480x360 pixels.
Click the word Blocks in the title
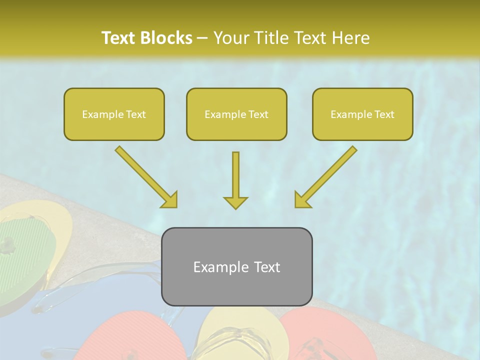click(x=166, y=38)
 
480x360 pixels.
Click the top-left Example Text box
click(x=114, y=114)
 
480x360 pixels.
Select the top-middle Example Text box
click(x=236, y=114)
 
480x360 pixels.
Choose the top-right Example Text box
click(x=362, y=114)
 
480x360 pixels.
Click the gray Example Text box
click(x=236, y=267)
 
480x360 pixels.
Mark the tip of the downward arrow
click(x=235, y=207)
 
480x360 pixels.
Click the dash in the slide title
click(x=202, y=38)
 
